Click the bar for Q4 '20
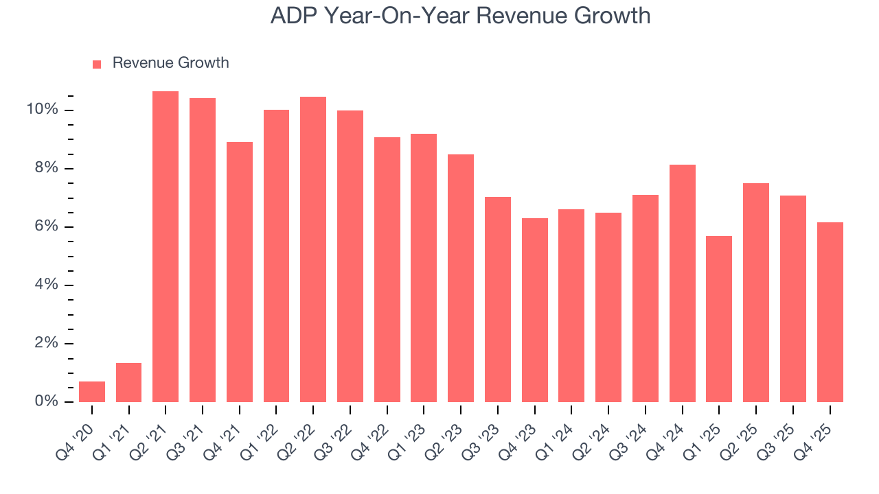point(92,392)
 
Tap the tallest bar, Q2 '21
point(165,247)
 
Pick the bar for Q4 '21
point(240,272)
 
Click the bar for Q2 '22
point(313,249)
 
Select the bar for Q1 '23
point(424,268)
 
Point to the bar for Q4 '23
point(534,310)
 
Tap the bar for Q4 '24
point(682,283)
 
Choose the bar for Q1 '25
point(719,319)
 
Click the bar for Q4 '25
point(830,312)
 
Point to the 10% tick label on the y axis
point(41,110)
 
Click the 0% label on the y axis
point(45,401)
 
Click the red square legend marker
point(97,64)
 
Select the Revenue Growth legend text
point(170,63)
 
